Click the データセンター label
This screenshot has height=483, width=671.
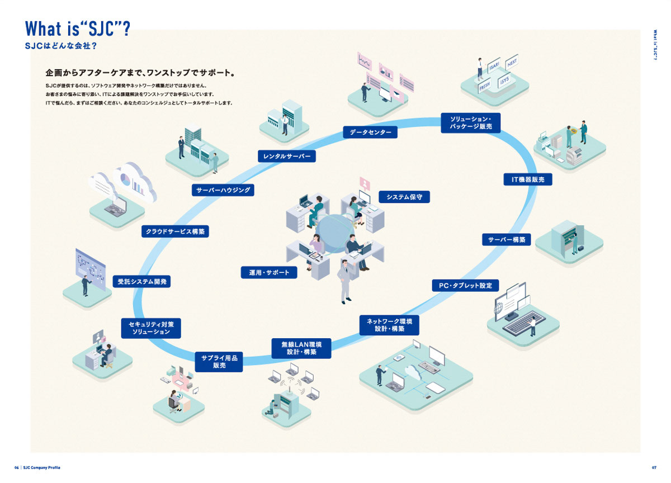pos(370,132)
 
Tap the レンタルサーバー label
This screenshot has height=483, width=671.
pos(287,156)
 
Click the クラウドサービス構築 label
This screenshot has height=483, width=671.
pos(175,231)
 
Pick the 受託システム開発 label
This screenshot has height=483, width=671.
pos(142,281)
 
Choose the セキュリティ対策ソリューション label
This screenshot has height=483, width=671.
pos(151,328)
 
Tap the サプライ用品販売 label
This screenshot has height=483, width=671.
pos(219,362)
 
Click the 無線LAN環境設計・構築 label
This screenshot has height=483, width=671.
pos(302,348)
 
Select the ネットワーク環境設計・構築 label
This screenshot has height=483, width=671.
pos(390,325)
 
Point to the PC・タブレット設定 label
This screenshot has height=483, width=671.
pos(465,286)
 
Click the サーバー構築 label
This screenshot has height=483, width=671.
pos(507,239)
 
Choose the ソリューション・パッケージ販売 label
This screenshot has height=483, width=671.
pos(471,123)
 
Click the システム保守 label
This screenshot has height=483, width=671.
pos(404,197)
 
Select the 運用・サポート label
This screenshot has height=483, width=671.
pos(270,272)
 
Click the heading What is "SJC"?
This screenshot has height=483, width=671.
pos(78,29)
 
